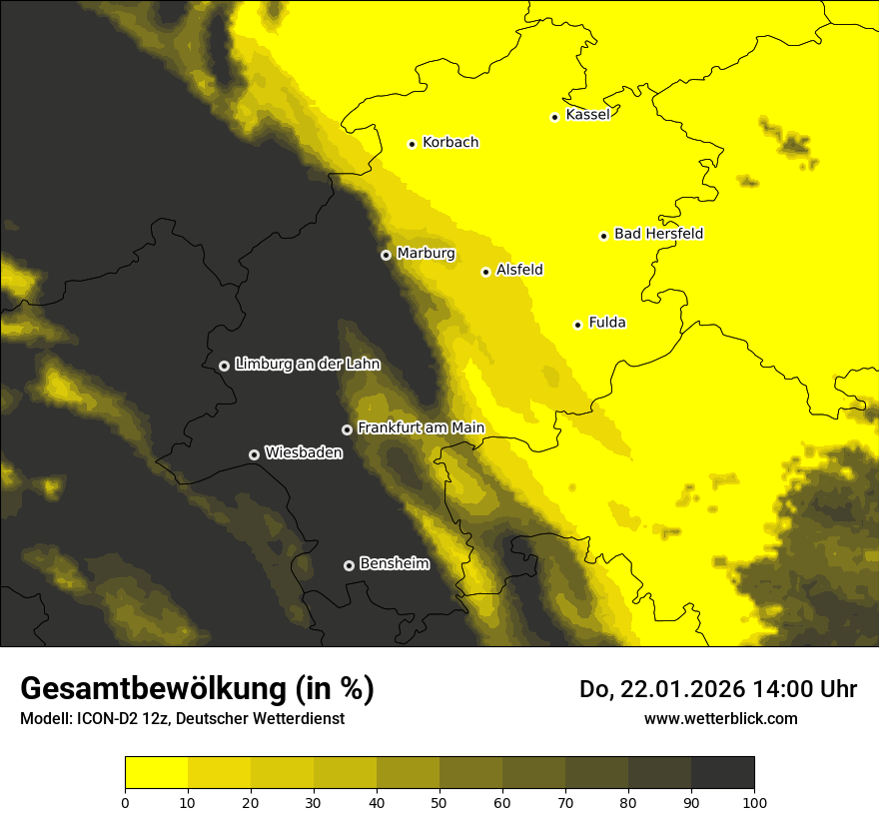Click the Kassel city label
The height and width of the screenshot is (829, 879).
587,115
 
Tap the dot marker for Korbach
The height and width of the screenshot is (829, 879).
412,144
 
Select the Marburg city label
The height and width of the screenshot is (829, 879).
426,254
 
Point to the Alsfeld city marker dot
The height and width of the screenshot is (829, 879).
485,272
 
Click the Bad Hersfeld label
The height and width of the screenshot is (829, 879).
658,234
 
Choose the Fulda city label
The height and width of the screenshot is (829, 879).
607,323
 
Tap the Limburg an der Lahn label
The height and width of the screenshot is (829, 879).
308,365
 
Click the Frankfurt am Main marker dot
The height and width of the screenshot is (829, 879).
347,429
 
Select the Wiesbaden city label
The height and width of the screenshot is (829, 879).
304,453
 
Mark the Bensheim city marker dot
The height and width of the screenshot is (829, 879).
349,565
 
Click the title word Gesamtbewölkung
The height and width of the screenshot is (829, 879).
156,689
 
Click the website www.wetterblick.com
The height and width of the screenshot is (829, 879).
721,718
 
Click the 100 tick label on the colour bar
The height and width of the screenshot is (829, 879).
754,802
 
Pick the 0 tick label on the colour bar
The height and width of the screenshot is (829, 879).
125,802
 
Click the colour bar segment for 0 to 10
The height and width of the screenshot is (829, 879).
156,773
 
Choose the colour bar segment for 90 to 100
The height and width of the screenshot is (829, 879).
722,773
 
